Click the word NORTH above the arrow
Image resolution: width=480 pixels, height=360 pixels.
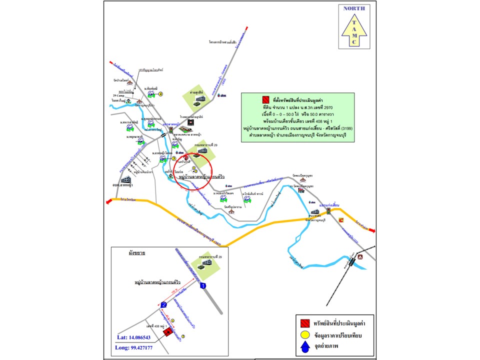pos(354,8)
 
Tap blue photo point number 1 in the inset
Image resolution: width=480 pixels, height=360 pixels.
pos(202,286)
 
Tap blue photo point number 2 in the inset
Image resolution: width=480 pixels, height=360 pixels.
pos(163,305)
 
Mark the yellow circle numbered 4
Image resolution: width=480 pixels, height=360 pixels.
pos(161,93)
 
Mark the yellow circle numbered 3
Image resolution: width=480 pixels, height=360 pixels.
pos(173,158)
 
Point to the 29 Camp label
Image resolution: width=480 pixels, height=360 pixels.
pos(119,95)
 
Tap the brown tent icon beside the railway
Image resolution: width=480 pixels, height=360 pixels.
pos(359,256)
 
